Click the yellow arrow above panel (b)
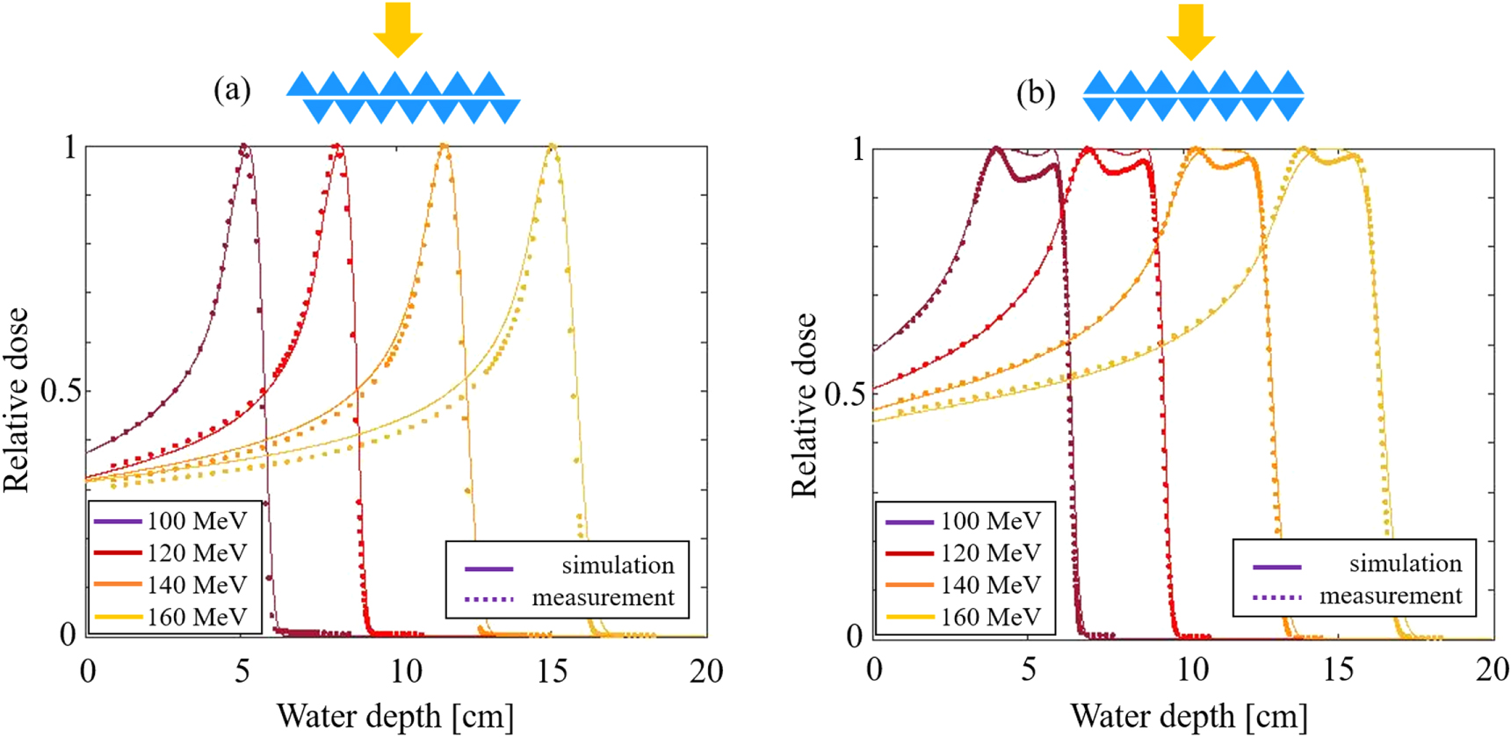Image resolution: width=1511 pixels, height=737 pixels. [1190, 31]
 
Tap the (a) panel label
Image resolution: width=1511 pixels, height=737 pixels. [232, 90]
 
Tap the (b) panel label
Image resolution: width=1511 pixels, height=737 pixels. [1036, 93]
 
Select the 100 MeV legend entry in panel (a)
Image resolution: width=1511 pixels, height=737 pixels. [196, 521]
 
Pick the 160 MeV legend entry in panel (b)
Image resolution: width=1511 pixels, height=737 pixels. [990, 617]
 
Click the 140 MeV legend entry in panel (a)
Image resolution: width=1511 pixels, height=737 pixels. [196, 585]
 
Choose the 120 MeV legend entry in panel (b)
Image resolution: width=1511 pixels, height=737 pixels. [990, 553]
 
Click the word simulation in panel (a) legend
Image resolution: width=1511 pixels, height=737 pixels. [618, 566]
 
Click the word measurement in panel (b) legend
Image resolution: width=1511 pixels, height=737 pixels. [1390, 596]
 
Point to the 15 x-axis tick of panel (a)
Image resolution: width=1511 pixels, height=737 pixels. [552, 672]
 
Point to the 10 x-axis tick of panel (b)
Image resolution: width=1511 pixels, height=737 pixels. [1192, 670]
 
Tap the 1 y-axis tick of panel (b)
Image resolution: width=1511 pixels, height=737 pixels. [858, 149]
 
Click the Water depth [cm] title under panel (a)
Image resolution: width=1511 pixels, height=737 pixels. [395, 716]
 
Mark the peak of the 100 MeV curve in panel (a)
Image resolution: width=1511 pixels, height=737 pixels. [243, 147]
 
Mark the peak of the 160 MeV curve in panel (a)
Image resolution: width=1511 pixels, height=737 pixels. [552, 146]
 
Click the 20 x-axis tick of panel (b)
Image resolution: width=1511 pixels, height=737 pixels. [1492, 670]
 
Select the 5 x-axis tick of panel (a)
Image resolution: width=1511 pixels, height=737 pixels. [242, 672]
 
